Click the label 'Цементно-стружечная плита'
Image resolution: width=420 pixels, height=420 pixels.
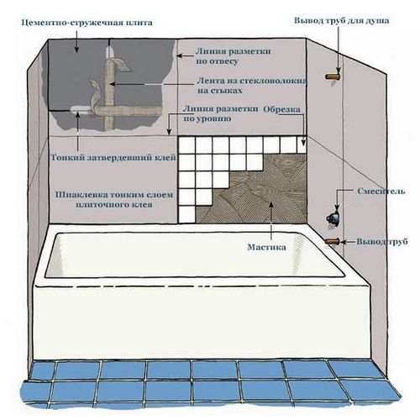tap(87, 23)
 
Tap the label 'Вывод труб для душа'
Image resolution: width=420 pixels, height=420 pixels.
tap(341, 21)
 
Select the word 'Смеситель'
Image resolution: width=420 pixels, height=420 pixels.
tap(381, 192)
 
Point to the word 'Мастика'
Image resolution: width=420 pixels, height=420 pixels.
tap(267, 247)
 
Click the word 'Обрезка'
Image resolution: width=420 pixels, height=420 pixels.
tap(282, 109)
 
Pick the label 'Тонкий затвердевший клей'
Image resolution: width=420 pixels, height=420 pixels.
tap(113, 158)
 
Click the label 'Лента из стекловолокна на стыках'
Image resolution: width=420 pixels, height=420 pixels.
tap(252, 86)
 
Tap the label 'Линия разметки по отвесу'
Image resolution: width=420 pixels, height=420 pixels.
tap(234, 56)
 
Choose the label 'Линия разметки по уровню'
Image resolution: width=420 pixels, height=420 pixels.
tap(221, 113)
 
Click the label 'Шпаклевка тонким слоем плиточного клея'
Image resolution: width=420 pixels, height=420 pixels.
tap(114, 200)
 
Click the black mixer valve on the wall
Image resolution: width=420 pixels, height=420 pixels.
tap(333, 218)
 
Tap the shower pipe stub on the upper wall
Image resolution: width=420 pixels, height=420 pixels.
tap(333, 76)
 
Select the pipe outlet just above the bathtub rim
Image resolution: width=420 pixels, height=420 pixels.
tap(333, 241)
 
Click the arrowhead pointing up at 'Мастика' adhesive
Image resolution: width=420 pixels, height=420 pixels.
tap(270, 204)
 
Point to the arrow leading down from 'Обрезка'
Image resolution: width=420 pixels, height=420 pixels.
tap(303, 129)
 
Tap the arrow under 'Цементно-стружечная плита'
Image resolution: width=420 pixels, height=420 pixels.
tap(76, 41)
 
